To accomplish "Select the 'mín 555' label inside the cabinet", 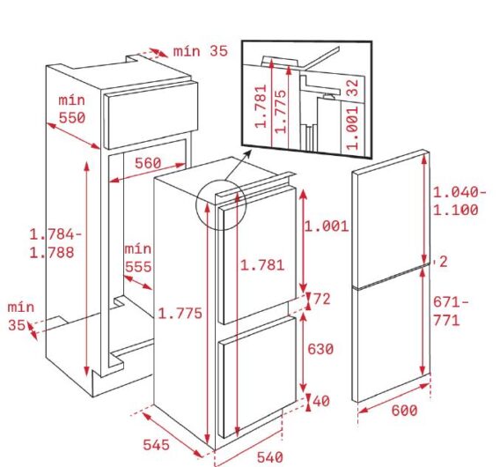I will click(x=137, y=258).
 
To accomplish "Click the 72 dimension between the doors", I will click(x=321, y=300).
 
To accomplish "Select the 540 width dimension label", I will click(x=269, y=456).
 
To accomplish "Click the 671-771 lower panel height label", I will click(x=452, y=311).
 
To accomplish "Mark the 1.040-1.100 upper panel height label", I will click(x=455, y=201).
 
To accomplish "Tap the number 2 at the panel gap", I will click(x=444, y=261).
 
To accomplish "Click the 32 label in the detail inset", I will click(x=353, y=87).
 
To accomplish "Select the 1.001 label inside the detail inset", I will click(x=353, y=128).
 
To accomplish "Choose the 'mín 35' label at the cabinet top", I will click(x=199, y=51).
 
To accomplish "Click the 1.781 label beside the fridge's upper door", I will click(x=260, y=263).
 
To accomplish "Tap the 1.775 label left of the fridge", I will click(x=180, y=313).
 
